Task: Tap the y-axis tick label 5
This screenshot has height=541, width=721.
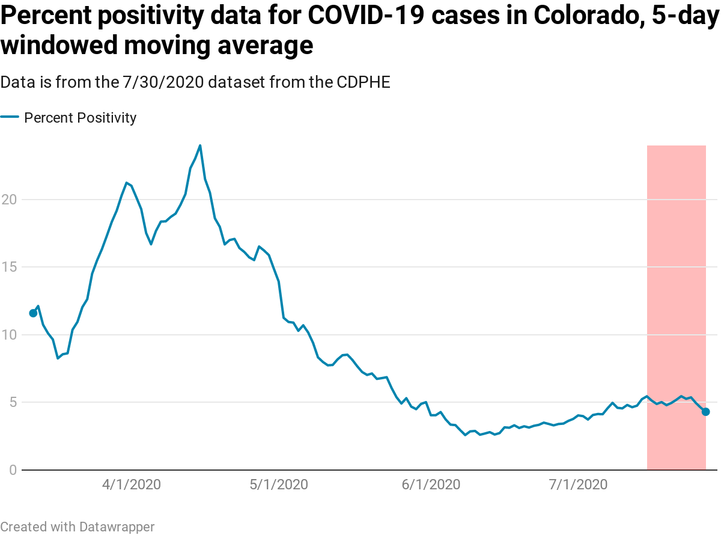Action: click(11, 402)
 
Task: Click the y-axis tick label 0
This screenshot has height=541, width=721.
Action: click(11, 469)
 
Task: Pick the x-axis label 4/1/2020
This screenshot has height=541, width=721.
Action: click(131, 484)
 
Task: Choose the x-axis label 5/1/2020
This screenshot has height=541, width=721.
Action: click(279, 484)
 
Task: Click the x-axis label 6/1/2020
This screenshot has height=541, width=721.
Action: click(431, 484)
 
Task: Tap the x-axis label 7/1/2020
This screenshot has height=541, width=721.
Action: click(579, 484)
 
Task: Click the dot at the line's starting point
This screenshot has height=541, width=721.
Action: click(33, 313)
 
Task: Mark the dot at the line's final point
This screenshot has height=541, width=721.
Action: click(705, 412)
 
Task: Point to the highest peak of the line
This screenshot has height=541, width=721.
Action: click(200, 145)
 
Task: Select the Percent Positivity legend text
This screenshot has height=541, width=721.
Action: click(80, 118)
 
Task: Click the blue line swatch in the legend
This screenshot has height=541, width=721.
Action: click(10, 117)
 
